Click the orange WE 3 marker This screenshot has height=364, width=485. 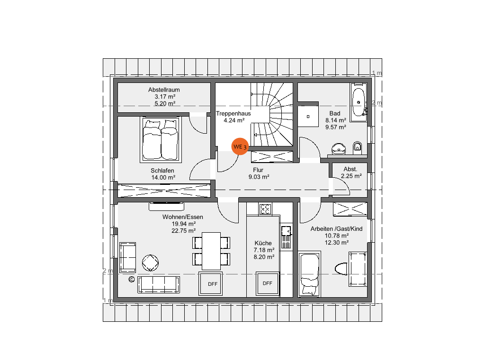point(240,146)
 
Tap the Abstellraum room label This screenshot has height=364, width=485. point(164,90)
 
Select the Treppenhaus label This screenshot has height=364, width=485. point(233,113)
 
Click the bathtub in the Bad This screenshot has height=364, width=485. point(359,101)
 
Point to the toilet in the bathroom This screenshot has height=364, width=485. point(357,148)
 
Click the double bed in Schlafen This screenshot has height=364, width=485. point(160,139)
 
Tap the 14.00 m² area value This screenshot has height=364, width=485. point(163,177)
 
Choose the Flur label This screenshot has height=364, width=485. point(258,170)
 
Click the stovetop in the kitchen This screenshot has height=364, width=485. point(265,209)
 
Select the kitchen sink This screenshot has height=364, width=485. point(286,237)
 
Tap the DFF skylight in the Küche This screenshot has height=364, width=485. point(268,283)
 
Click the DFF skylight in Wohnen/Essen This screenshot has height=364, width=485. point(211,283)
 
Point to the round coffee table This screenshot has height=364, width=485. point(150,263)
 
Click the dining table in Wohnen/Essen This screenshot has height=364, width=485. point(211,251)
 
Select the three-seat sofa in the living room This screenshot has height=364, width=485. point(159,284)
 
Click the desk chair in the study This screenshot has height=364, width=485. point(341,269)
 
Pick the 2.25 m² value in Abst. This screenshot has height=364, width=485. point(351,176)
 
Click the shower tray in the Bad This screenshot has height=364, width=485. point(308,117)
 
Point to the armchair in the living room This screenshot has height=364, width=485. point(127,258)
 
